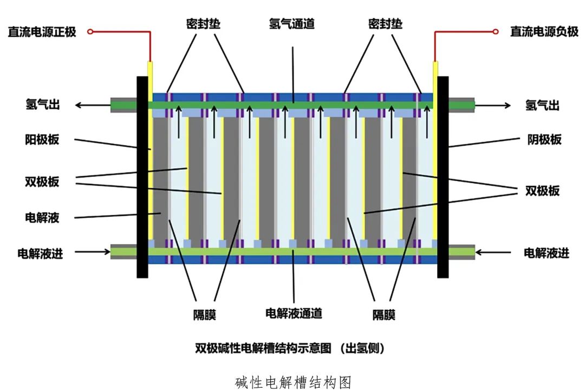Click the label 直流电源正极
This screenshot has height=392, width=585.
pyautogui.click(x=42, y=32)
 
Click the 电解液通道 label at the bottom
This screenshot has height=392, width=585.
pyautogui.click(x=294, y=313)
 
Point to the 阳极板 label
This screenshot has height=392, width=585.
pyautogui.click(x=42, y=140)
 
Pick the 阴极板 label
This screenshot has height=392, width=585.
pyautogui.click(x=543, y=140)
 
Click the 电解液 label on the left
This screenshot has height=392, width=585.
pyautogui.click(x=42, y=218)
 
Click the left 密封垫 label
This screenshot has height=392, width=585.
pyautogui.click(x=199, y=24)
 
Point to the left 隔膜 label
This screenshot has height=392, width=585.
pyautogui.click(x=204, y=315)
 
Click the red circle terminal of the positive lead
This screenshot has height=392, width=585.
pyautogui.click(x=90, y=32)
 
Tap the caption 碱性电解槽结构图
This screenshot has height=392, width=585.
pyautogui.click(x=293, y=383)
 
